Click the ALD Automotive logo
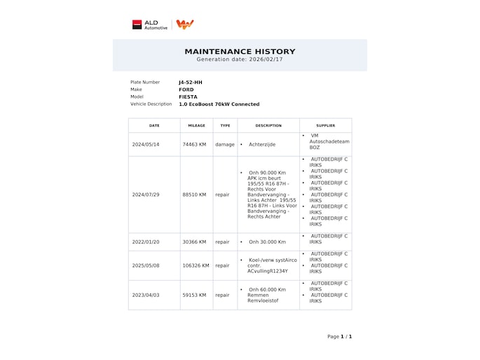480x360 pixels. pyautogui.click(x=150, y=25)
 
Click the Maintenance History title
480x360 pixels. pyautogui.click(x=240, y=51)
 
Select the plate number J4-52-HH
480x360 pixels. pyautogui.click(x=190, y=82)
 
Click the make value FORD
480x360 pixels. pyautogui.click(x=186, y=90)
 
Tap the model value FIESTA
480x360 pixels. pyautogui.click(x=188, y=97)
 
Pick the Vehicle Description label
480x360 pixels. pyautogui.click(x=151, y=104)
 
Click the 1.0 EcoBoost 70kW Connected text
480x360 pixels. pyautogui.click(x=219, y=104)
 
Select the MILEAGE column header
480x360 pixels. pyautogui.click(x=197, y=125)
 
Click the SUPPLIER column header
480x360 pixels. pyautogui.click(x=325, y=125)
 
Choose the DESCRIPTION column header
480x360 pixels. pyautogui.click(x=268, y=125)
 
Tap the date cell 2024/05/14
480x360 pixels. pyautogui.click(x=146, y=144)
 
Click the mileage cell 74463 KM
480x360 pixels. pyautogui.click(x=194, y=144)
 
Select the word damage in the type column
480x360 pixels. pyautogui.click(x=224, y=144)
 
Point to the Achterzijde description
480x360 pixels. pyautogui.click(x=262, y=144)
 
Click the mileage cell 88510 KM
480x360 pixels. pyautogui.click(x=194, y=195)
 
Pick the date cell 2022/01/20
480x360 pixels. pyautogui.click(x=146, y=242)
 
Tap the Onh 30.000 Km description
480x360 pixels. pyautogui.click(x=267, y=242)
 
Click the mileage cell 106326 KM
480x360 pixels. pyautogui.click(x=196, y=265)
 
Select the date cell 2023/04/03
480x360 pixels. pyautogui.click(x=146, y=295)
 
